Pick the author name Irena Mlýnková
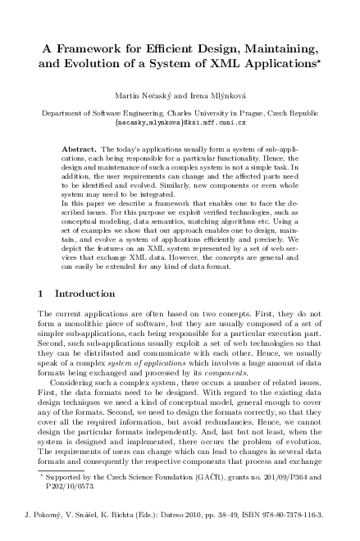[218, 99]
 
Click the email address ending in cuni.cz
[180, 125]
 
